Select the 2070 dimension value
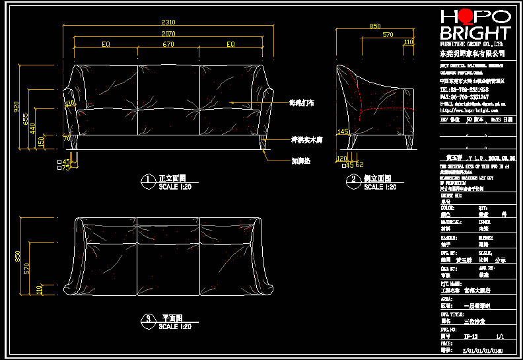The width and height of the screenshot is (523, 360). tap(168, 34)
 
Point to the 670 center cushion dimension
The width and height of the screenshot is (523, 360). tap(168, 44)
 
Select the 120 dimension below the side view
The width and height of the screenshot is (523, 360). tap(341, 159)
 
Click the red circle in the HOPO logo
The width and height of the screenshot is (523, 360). tap(465, 18)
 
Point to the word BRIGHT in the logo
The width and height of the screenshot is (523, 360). tap(475, 33)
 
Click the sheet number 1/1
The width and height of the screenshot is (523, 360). tap(489, 336)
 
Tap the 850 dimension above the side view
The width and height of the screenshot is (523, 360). tap(375, 26)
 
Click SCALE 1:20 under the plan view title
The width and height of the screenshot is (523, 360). tap(175, 326)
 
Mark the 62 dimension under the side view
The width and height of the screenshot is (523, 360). tap(360, 164)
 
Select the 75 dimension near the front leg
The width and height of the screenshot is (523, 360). tap(66, 168)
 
